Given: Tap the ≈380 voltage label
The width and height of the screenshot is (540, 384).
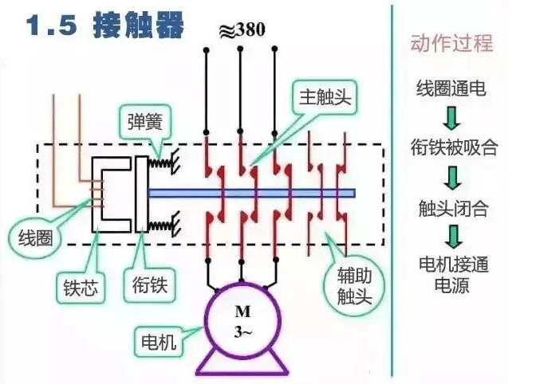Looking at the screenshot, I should click(x=241, y=30).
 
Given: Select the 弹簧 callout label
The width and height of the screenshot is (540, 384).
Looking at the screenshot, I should click(x=146, y=122).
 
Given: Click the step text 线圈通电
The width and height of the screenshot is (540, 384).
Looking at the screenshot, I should click(x=451, y=88).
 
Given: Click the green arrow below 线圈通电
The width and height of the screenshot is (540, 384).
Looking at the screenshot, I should click(x=452, y=117).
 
